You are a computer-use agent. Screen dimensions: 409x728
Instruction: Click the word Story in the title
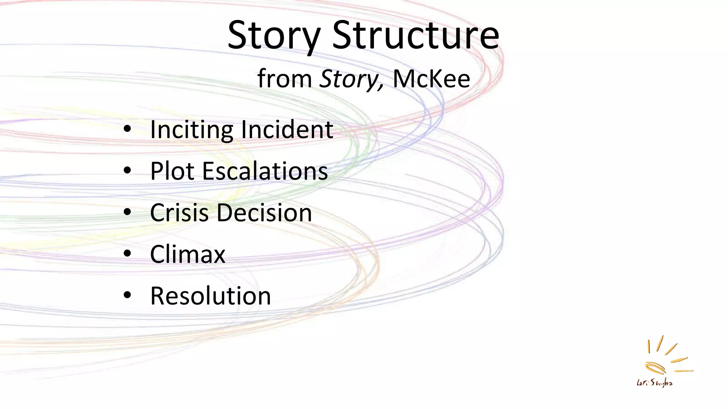click(x=274, y=36)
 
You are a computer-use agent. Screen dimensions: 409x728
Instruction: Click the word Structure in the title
click(x=416, y=36)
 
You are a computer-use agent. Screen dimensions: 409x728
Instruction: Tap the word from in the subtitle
click(x=284, y=79)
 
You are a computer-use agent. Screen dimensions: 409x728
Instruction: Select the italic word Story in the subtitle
click(x=350, y=79)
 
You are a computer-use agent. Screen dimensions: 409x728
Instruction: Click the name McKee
click(x=431, y=79)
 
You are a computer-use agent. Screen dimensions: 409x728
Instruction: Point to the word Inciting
click(x=191, y=130)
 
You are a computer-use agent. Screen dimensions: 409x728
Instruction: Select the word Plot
click(x=172, y=171)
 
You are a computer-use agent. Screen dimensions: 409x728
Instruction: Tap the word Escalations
click(x=265, y=171)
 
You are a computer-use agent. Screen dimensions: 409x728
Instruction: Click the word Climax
click(x=188, y=254)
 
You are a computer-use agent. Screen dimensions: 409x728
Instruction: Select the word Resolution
click(x=210, y=296)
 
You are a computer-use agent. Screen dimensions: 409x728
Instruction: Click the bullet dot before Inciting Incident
click(x=127, y=129)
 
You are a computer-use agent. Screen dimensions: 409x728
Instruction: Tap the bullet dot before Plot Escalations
click(x=127, y=171)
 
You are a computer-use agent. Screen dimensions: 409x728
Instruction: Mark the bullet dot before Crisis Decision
click(x=127, y=212)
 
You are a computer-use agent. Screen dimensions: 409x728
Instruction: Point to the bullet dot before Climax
click(x=127, y=254)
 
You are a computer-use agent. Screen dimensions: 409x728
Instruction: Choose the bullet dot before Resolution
click(x=127, y=295)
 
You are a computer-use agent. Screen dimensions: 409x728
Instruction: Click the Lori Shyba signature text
click(x=654, y=383)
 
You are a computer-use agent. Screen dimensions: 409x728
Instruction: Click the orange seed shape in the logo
click(x=655, y=367)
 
